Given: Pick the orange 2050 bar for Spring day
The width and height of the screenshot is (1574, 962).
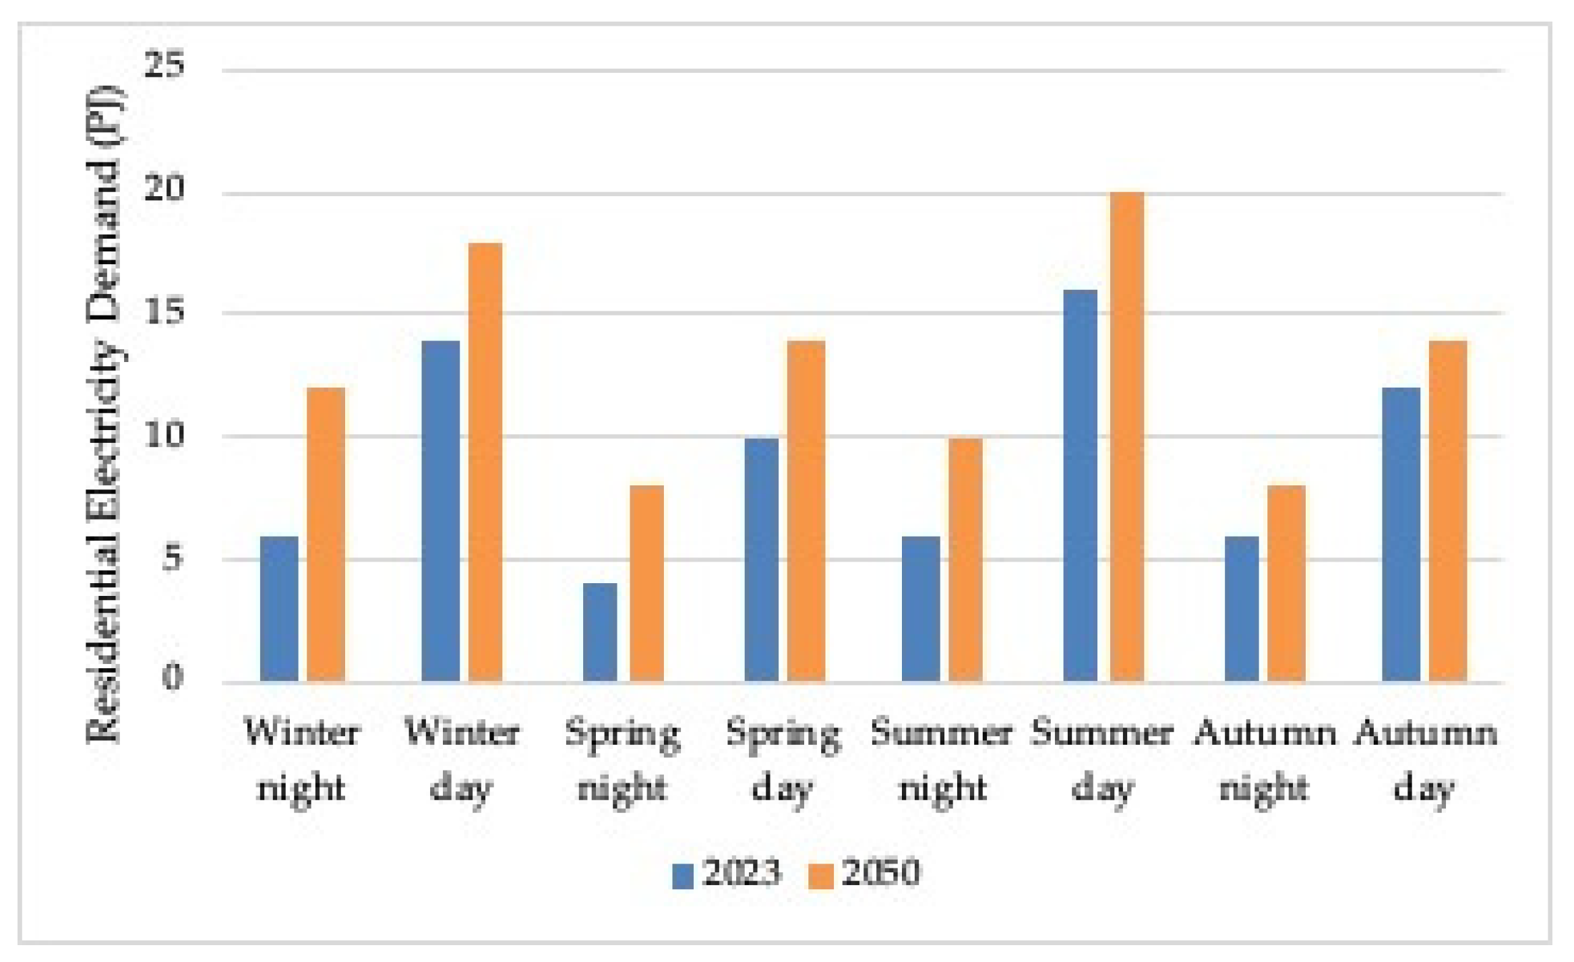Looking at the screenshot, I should pyautogui.click(x=806, y=512).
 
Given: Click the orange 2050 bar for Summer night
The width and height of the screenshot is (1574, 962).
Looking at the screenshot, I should pyautogui.click(x=965, y=560).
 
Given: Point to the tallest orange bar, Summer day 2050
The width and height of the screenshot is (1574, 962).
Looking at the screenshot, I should pyautogui.click(x=1127, y=438).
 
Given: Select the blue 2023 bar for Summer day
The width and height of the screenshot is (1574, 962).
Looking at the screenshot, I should pyautogui.click(x=1081, y=486).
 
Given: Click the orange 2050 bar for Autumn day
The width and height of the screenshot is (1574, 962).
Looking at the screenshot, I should pyautogui.click(x=1448, y=512).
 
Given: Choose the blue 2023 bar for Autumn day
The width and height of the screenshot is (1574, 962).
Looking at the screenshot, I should pyautogui.click(x=1401, y=535).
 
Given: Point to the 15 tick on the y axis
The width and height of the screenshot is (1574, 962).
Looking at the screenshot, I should pyautogui.click(x=164, y=312).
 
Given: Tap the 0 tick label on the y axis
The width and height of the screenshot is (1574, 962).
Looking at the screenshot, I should pyautogui.click(x=173, y=676).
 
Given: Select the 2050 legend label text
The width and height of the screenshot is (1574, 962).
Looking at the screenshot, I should pyautogui.click(x=880, y=872).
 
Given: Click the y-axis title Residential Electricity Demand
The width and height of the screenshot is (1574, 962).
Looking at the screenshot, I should pyautogui.click(x=104, y=415).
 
